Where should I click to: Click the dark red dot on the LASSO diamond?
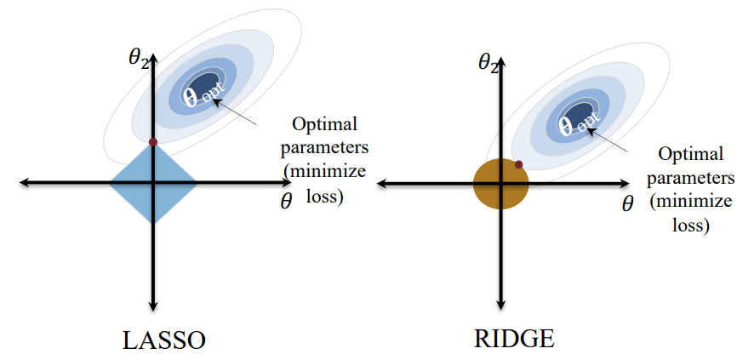(x=153, y=141)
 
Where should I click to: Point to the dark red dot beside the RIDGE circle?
(x=518, y=163)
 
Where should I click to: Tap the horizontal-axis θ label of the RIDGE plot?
(x=628, y=204)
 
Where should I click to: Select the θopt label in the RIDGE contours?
(x=575, y=126)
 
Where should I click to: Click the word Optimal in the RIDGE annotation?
(x=692, y=154)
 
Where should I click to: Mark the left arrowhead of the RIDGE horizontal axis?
(x=382, y=184)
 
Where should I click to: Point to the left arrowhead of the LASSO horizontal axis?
(x=24, y=182)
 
